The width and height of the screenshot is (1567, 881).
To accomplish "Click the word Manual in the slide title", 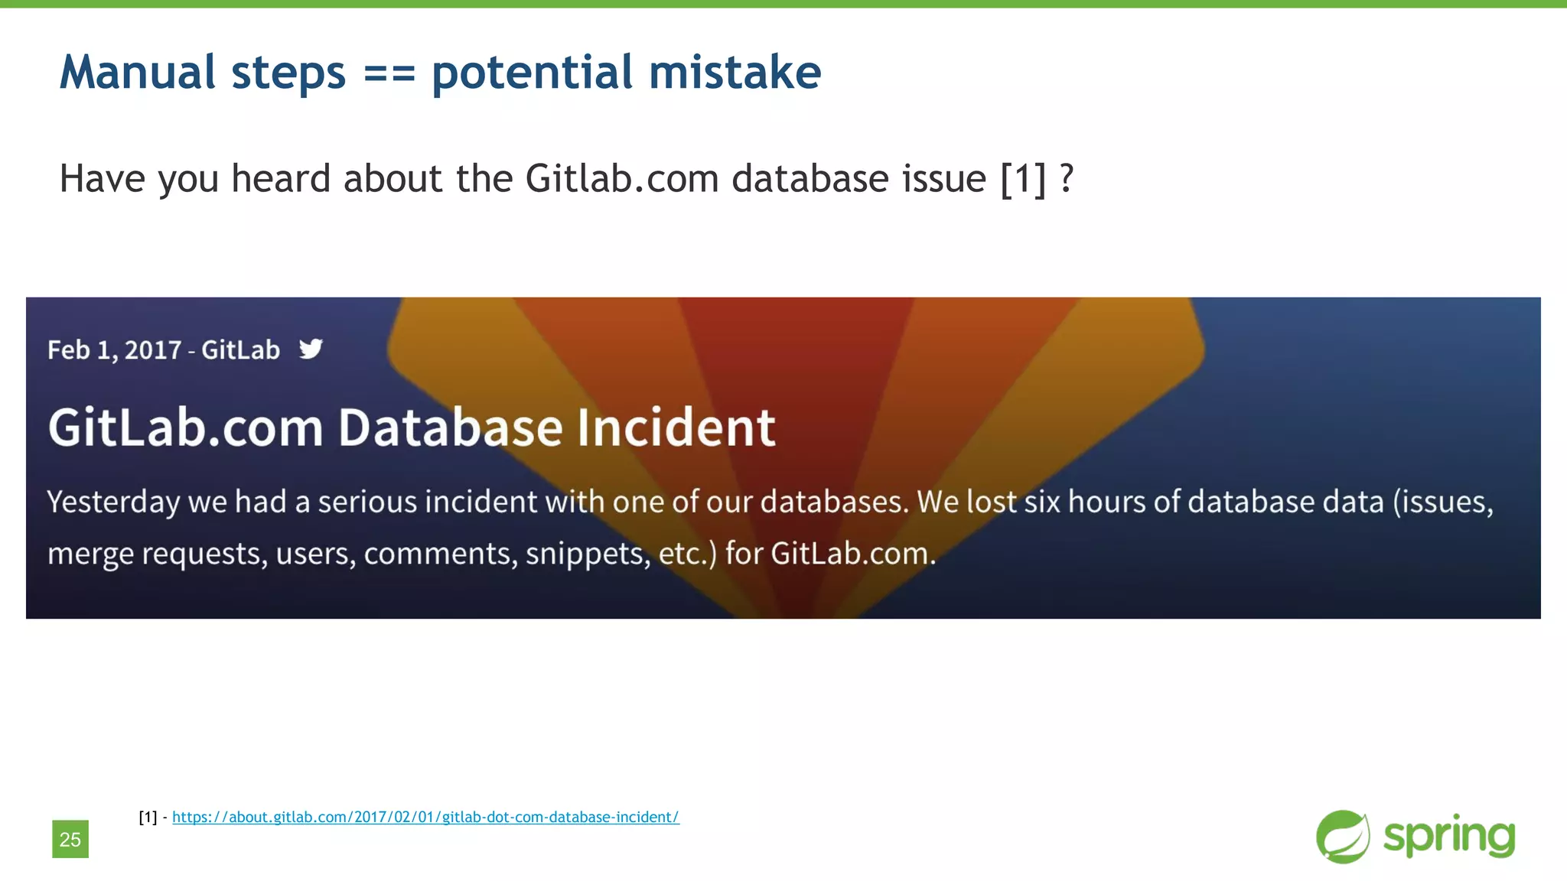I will [138, 73].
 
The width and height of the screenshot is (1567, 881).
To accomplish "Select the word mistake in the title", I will [735, 73].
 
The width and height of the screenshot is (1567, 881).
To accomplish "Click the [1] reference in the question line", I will [1023, 179].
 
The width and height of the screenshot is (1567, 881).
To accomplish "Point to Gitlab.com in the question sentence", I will [621, 179].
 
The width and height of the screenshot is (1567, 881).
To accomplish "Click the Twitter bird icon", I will [311, 349].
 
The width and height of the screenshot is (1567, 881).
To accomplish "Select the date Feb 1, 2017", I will [114, 350].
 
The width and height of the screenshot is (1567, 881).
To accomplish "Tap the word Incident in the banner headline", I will [676, 427].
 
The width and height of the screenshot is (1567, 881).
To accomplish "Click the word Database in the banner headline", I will [451, 427].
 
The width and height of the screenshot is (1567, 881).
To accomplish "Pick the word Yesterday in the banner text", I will [113, 502].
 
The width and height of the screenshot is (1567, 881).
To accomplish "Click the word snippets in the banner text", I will [588, 553].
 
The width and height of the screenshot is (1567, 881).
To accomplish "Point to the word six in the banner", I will [1041, 502].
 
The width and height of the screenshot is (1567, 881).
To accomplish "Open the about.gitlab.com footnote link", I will [425, 817].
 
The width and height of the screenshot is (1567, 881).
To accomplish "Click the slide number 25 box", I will [70, 839].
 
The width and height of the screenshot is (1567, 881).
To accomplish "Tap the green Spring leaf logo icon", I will [1343, 837].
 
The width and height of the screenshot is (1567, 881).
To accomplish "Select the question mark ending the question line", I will [1067, 179].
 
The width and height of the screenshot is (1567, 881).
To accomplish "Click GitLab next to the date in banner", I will [240, 350].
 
